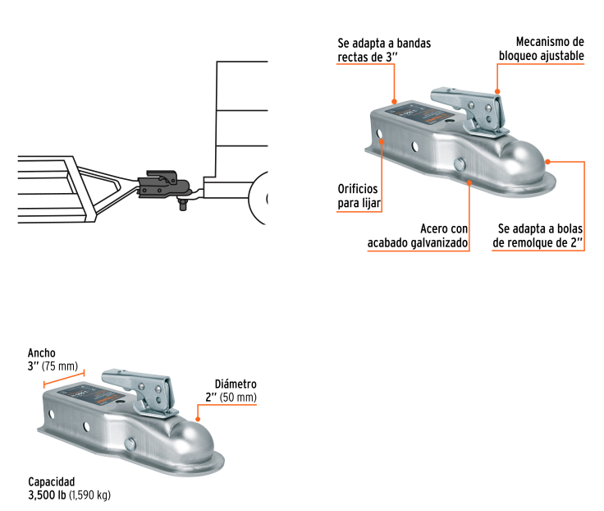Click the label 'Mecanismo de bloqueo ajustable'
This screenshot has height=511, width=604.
(x=542, y=49)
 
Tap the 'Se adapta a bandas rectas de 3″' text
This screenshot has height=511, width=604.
(x=384, y=49)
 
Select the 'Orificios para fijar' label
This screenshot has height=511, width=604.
(x=359, y=196)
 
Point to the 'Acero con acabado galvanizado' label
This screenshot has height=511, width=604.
(x=419, y=236)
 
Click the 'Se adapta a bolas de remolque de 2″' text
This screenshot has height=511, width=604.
(x=538, y=236)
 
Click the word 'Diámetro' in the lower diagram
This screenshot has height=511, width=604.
(x=236, y=384)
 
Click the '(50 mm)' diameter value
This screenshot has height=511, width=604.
(x=240, y=398)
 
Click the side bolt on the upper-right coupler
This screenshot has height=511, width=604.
(x=460, y=166)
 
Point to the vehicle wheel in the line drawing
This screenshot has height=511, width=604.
(x=259, y=197)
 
